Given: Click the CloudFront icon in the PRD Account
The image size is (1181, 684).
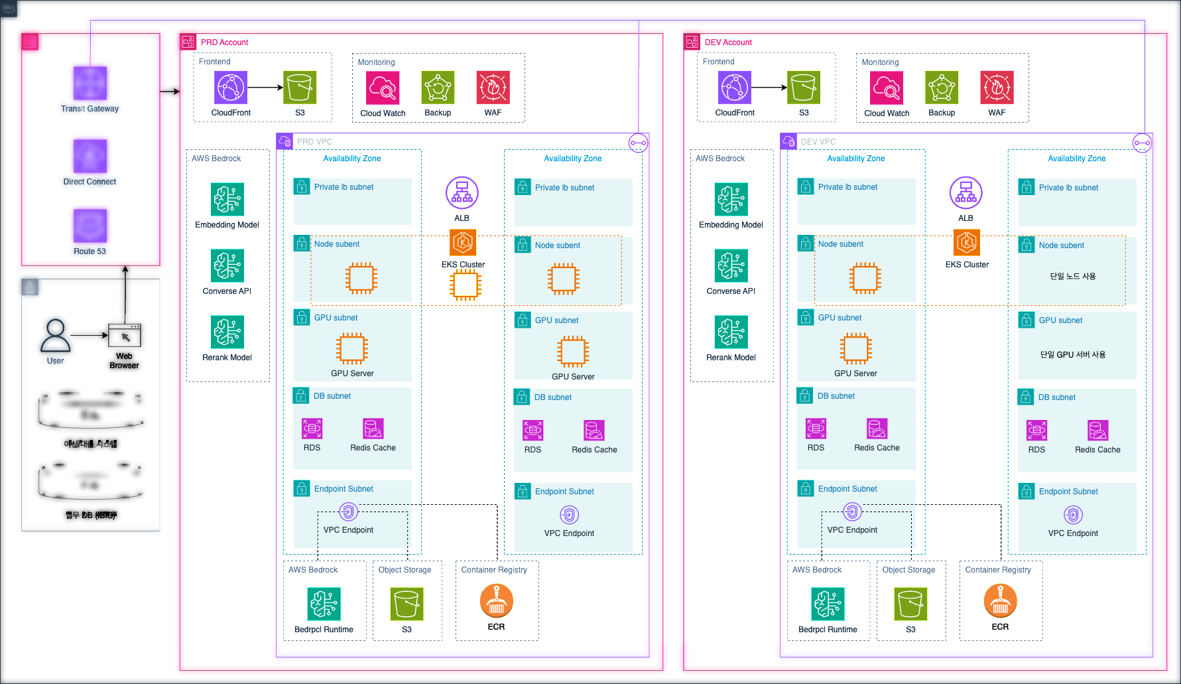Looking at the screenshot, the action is click(231, 88).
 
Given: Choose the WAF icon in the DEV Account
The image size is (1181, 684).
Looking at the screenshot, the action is click(997, 88).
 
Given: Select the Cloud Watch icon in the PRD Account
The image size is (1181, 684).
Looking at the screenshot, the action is click(383, 88).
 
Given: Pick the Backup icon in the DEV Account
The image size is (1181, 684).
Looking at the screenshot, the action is click(942, 88).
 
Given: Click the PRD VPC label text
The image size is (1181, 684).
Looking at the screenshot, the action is click(314, 142).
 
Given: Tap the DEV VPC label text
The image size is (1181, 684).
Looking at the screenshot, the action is click(818, 142).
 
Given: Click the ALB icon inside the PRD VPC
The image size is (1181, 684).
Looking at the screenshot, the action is click(462, 193).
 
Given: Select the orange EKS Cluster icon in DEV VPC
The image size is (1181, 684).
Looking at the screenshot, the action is click(967, 243).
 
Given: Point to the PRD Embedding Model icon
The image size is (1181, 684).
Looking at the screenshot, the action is click(227, 200).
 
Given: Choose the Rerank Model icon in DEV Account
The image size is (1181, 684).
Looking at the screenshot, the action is click(731, 332).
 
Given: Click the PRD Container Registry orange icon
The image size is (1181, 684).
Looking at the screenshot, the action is click(496, 601).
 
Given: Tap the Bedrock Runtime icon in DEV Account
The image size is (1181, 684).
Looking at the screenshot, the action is click(828, 604).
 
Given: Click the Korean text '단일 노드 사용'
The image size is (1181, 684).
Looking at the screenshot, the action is click(1072, 277).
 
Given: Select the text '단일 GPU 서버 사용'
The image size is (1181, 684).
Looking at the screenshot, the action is click(1072, 355).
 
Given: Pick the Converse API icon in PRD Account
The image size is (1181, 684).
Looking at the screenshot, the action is click(227, 266).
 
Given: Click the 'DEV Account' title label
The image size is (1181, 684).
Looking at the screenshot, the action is click(728, 42).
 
